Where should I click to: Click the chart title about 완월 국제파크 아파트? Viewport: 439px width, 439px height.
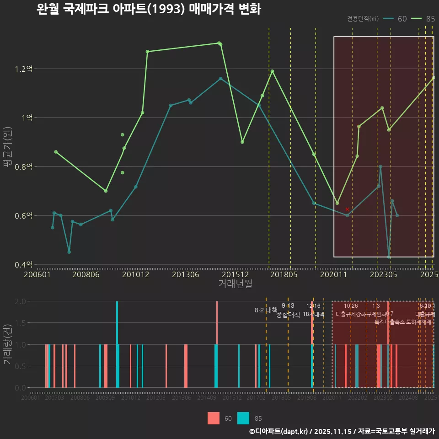(149, 9)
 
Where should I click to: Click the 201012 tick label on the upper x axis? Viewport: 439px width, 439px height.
(135, 275)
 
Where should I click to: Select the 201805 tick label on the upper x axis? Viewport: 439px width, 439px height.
(284, 275)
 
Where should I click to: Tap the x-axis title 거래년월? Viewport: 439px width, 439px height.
(235, 284)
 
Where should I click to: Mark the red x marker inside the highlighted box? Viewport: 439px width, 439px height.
(347, 209)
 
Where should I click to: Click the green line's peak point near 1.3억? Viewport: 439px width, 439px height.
(219, 43)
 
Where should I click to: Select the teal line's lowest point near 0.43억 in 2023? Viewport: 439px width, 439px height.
(389, 257)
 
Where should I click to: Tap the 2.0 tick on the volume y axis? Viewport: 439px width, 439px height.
(21, 301)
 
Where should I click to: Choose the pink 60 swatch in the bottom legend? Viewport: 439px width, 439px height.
(214, 418)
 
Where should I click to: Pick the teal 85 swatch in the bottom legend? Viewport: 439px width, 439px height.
(243, 418)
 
